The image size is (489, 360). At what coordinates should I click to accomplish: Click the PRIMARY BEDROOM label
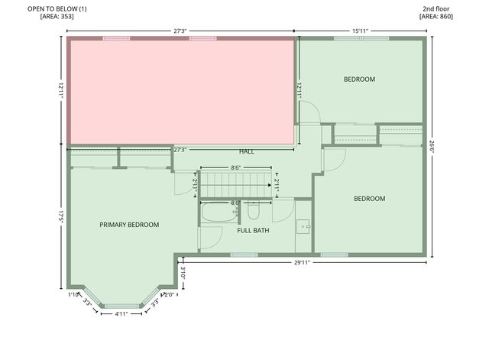point(129,225)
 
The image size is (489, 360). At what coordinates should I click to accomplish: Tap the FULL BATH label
point(253,230)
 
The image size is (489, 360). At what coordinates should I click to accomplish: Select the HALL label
point(247,151)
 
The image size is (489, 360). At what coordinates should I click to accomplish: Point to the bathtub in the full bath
point(222,212)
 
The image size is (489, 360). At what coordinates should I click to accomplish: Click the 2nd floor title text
point(437,8)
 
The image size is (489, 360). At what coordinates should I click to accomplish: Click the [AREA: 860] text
point(437,15)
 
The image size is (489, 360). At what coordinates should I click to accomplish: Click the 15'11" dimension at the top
point(360,31)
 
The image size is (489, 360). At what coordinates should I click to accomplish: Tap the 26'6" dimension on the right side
point(432,147)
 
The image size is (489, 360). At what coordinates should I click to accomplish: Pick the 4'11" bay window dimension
point(121,314)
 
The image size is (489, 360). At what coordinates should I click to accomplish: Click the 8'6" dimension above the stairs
point(237,167)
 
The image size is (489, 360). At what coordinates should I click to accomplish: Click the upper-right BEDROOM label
point(359,79)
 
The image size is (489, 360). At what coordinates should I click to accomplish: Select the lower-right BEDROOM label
point(369,199)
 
